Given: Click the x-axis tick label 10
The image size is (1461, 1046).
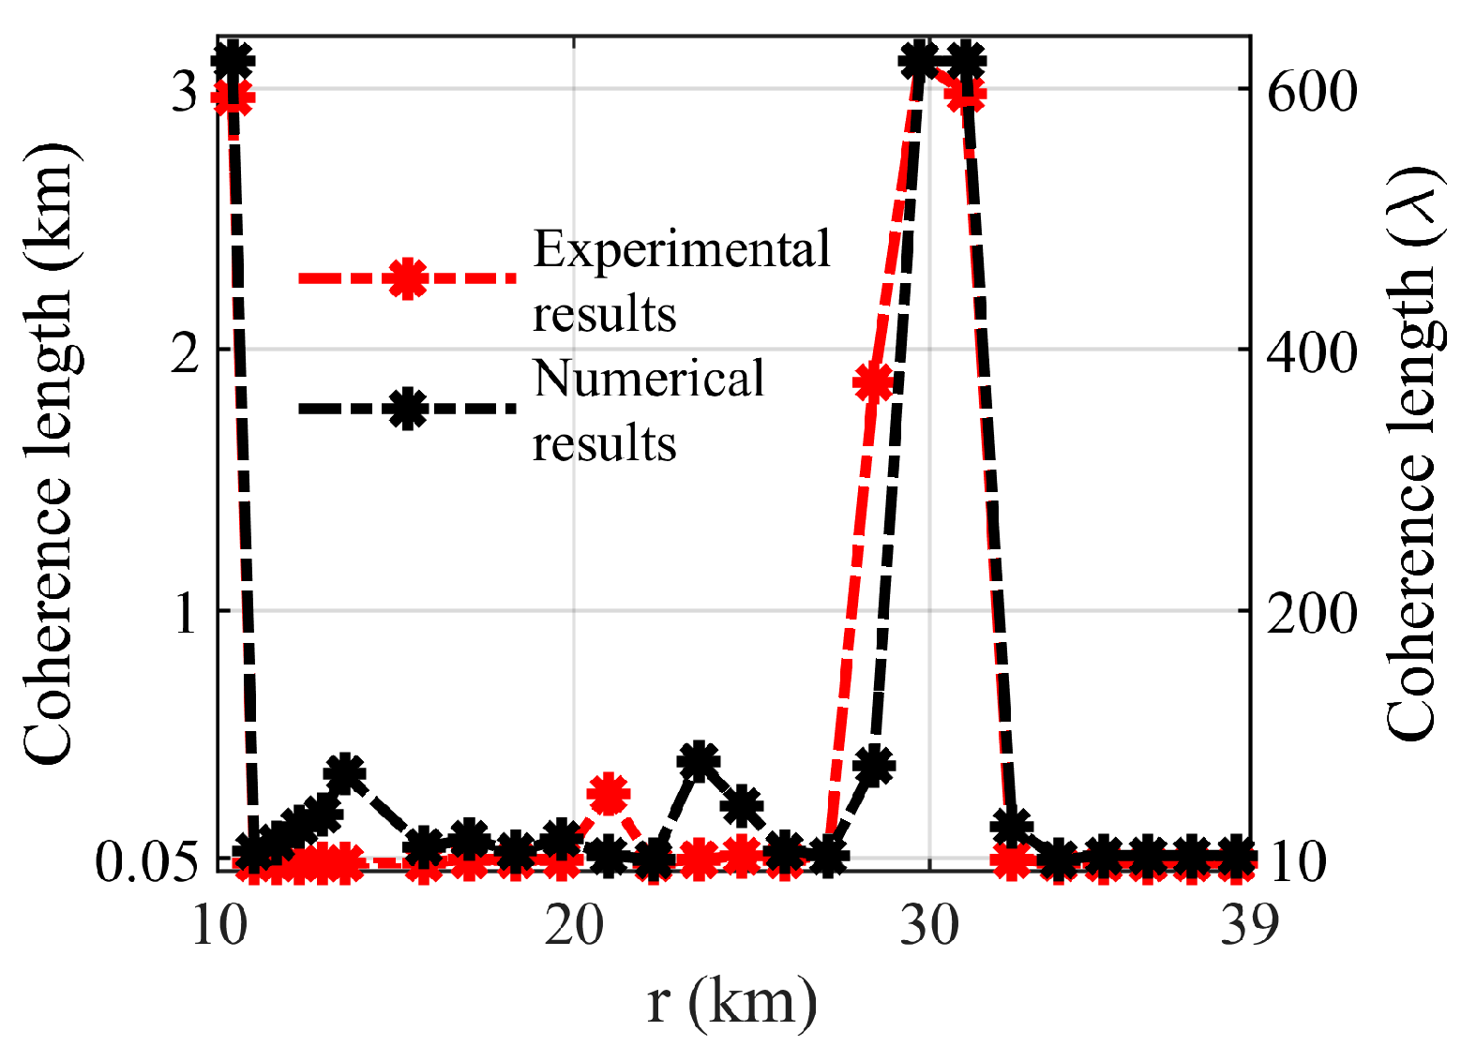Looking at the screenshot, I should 219,926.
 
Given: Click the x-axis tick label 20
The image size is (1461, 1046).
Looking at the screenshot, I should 574,926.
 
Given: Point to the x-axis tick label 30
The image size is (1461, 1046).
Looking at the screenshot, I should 929,926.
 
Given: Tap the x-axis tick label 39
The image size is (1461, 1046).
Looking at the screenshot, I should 1250,926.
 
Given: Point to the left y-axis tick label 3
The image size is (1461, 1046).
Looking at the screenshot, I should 186,91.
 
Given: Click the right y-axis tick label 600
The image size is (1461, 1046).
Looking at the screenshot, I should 1312,91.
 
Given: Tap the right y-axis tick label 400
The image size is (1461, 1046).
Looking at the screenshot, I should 1312,351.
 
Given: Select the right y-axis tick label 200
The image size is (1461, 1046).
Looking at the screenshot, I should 1312,612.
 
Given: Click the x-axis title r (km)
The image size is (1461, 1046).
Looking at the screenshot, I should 732,1001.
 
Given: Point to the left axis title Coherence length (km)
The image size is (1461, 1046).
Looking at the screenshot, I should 47,455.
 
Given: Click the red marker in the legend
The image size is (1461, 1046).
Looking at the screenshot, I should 407,278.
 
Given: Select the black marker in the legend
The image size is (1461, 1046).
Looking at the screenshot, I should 407,409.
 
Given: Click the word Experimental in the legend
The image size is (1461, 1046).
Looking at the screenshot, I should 682,249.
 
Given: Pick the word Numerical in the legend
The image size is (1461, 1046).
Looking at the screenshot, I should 649,379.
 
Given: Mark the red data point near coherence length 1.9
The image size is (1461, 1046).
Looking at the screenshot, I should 873,382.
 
